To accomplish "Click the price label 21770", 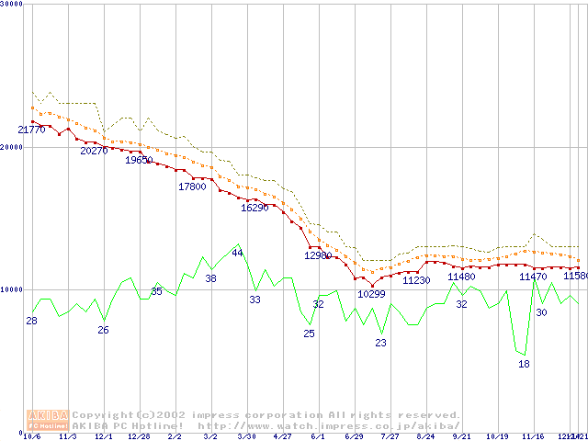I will [31, 130].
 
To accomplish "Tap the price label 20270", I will [94, 151].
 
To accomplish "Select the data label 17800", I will [192, 187].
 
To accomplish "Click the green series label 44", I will [237, 253].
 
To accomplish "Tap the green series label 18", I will [524, 365].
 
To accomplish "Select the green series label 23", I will [380, 343].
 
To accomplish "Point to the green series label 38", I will [210, 278].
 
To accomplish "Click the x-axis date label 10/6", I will [31, 436].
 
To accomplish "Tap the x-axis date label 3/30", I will [246, 436].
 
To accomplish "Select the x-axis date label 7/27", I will [390, 436].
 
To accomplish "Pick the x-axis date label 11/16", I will [533, 436].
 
